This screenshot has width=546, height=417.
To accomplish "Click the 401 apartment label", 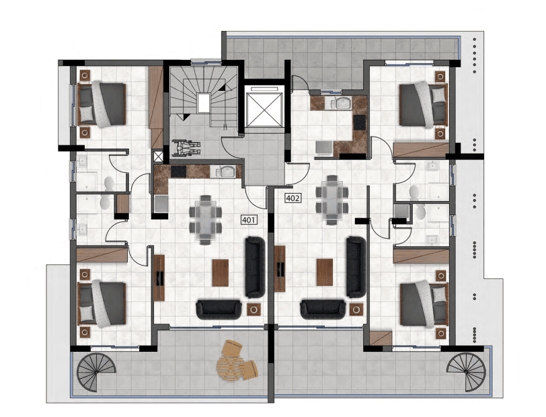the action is coord(249,220).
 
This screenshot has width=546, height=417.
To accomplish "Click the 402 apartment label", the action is coord(292,198).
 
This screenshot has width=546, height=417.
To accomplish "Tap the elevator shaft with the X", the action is coord(263,106).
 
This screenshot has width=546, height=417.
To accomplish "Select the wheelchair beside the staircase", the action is coord(186,148).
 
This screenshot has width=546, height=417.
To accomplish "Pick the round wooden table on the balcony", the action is coord(229,366).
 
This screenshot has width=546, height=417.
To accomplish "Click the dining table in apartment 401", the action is coord(206,220).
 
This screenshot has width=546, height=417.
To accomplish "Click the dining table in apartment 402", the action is coord(332,200).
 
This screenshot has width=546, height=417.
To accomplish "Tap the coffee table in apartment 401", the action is coord(221,273).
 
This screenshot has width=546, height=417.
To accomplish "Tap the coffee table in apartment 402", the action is coord(325,272).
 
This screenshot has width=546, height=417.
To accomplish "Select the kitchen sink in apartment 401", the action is coord(226,171).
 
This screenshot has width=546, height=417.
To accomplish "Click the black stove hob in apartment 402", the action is coord(359,122).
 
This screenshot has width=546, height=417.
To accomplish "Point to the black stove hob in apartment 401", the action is coord(178,172).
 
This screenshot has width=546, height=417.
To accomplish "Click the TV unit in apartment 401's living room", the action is coord(159,278).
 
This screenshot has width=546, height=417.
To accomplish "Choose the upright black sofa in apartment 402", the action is coord(356,267).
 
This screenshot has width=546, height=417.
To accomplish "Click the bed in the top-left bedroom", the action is coord(101,104).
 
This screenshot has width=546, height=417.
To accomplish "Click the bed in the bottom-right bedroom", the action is coord(424,305).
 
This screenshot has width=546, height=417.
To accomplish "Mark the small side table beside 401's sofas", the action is coord(253,309).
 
